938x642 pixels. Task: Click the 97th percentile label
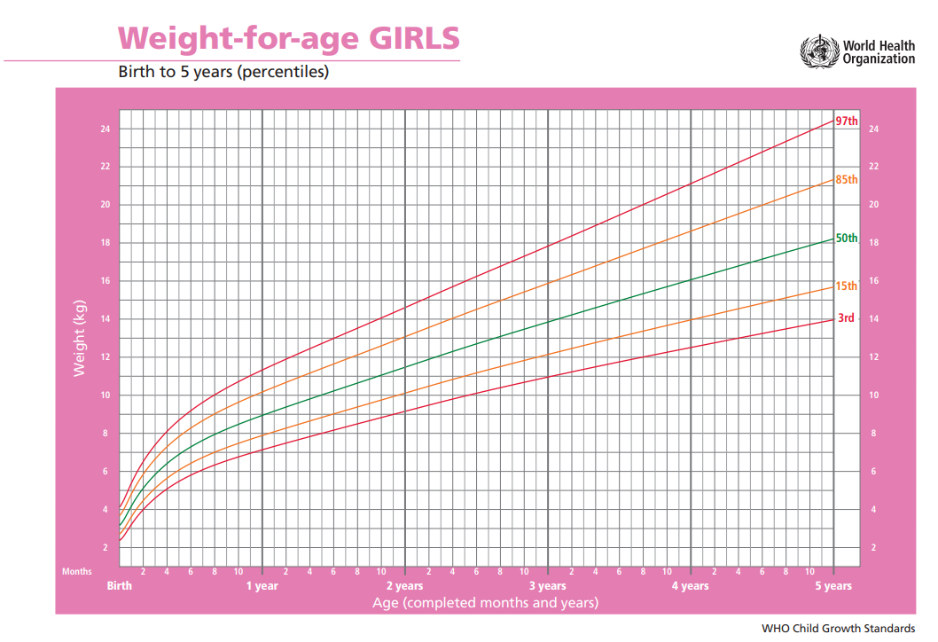(x=847, y=121)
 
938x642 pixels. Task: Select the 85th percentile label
(x=847, y=180)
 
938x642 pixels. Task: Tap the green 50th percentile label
(x=847, y=239)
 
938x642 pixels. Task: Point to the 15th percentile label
(x=847, y=286)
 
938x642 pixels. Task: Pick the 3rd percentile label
(x=846, y=317)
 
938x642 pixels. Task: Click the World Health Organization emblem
(x=817, y=52)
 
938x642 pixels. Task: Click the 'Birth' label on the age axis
(x=120, y=586)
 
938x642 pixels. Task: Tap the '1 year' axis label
(x=262, y=586)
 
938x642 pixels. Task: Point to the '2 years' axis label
(x=405, y=586)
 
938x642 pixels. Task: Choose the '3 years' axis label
(x=548, y=586)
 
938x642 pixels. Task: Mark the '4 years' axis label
(x=690, y=586)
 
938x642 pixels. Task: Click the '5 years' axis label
(x=833, y=586)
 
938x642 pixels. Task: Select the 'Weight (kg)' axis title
(x=79, y=338)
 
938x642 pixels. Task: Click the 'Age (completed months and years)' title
(x=485, y=603)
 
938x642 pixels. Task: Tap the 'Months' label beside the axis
(x=76, y=572)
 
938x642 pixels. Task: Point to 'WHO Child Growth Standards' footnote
(x=838, y=629)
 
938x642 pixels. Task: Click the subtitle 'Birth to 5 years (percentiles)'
(x=223, y=72)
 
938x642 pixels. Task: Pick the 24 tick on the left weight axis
(x=105, y=129)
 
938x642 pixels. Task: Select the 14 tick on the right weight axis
(x=873, y=319)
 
